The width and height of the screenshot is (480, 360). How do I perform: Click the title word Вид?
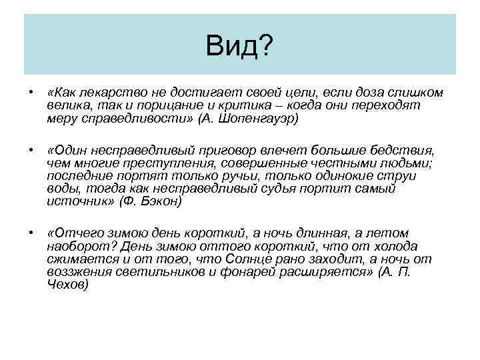tap(239, 46)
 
